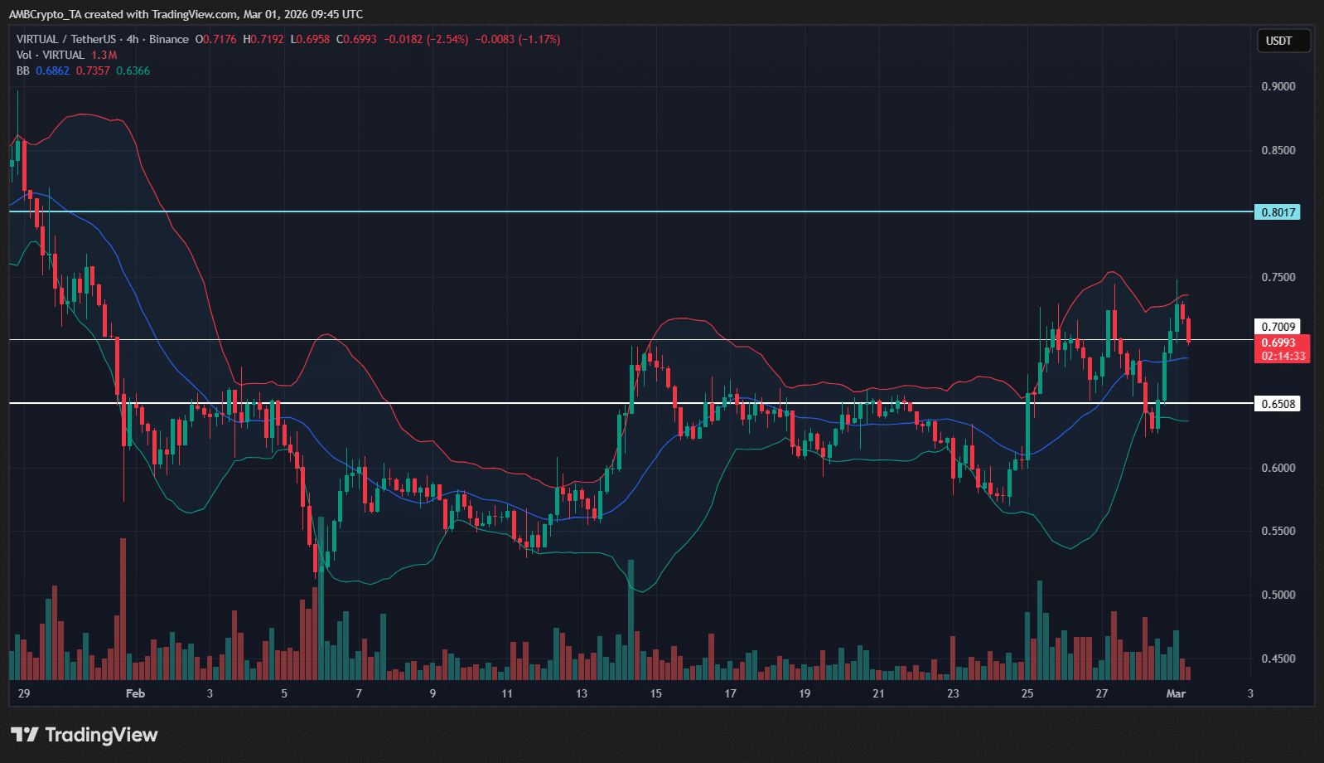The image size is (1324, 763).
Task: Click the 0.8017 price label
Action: coord(1278,212)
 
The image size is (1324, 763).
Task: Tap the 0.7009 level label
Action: coord(1278,327)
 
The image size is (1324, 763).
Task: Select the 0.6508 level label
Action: coord(1278,404)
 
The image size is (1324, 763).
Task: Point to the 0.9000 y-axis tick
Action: coord(1278,86)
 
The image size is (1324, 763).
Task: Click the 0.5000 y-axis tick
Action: coord(1278,595)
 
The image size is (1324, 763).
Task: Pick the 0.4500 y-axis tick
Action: coord(1278,659)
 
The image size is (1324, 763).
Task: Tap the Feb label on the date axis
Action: coord(135,693)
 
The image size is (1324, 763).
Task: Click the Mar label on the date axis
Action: coord(1176,693)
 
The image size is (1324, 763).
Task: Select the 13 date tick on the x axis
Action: coord(582,693)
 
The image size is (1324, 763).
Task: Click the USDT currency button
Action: coord(1278,41)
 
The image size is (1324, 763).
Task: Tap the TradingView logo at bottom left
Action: coord(84,735)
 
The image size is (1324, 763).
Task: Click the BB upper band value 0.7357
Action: coord(93,70)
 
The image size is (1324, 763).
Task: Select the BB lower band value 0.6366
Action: coord(133,70)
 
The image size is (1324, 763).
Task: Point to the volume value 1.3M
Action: coord(104,55)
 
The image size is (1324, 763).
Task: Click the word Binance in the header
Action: coord(169,39)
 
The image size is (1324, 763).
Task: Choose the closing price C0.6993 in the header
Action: coord(356,39)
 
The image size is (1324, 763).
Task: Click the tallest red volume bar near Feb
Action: coord(123,610)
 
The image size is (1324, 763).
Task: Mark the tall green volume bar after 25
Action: coord(1040,630)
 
